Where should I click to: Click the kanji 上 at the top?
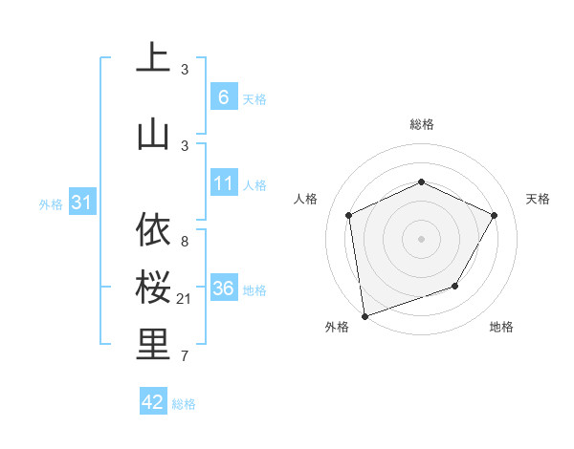(153, 58)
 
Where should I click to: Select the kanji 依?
(153, 230)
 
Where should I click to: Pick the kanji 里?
(153, 346)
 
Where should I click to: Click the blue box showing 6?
(223, 97)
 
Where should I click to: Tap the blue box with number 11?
(223, 183)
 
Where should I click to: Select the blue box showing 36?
(223, 289)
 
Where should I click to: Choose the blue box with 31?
(81, 203)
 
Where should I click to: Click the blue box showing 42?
(153, 402)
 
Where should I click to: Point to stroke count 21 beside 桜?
(185, 300)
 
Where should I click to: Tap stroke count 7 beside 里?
(185, 357)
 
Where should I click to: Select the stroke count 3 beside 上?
(185, 70)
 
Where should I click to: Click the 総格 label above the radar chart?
(421, 124)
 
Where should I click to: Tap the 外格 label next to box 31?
(51, 203)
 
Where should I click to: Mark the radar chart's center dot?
(421, 238)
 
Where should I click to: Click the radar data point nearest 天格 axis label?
(494, 215)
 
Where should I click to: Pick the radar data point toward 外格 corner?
(364, 315)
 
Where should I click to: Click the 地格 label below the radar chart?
(501, 327)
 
